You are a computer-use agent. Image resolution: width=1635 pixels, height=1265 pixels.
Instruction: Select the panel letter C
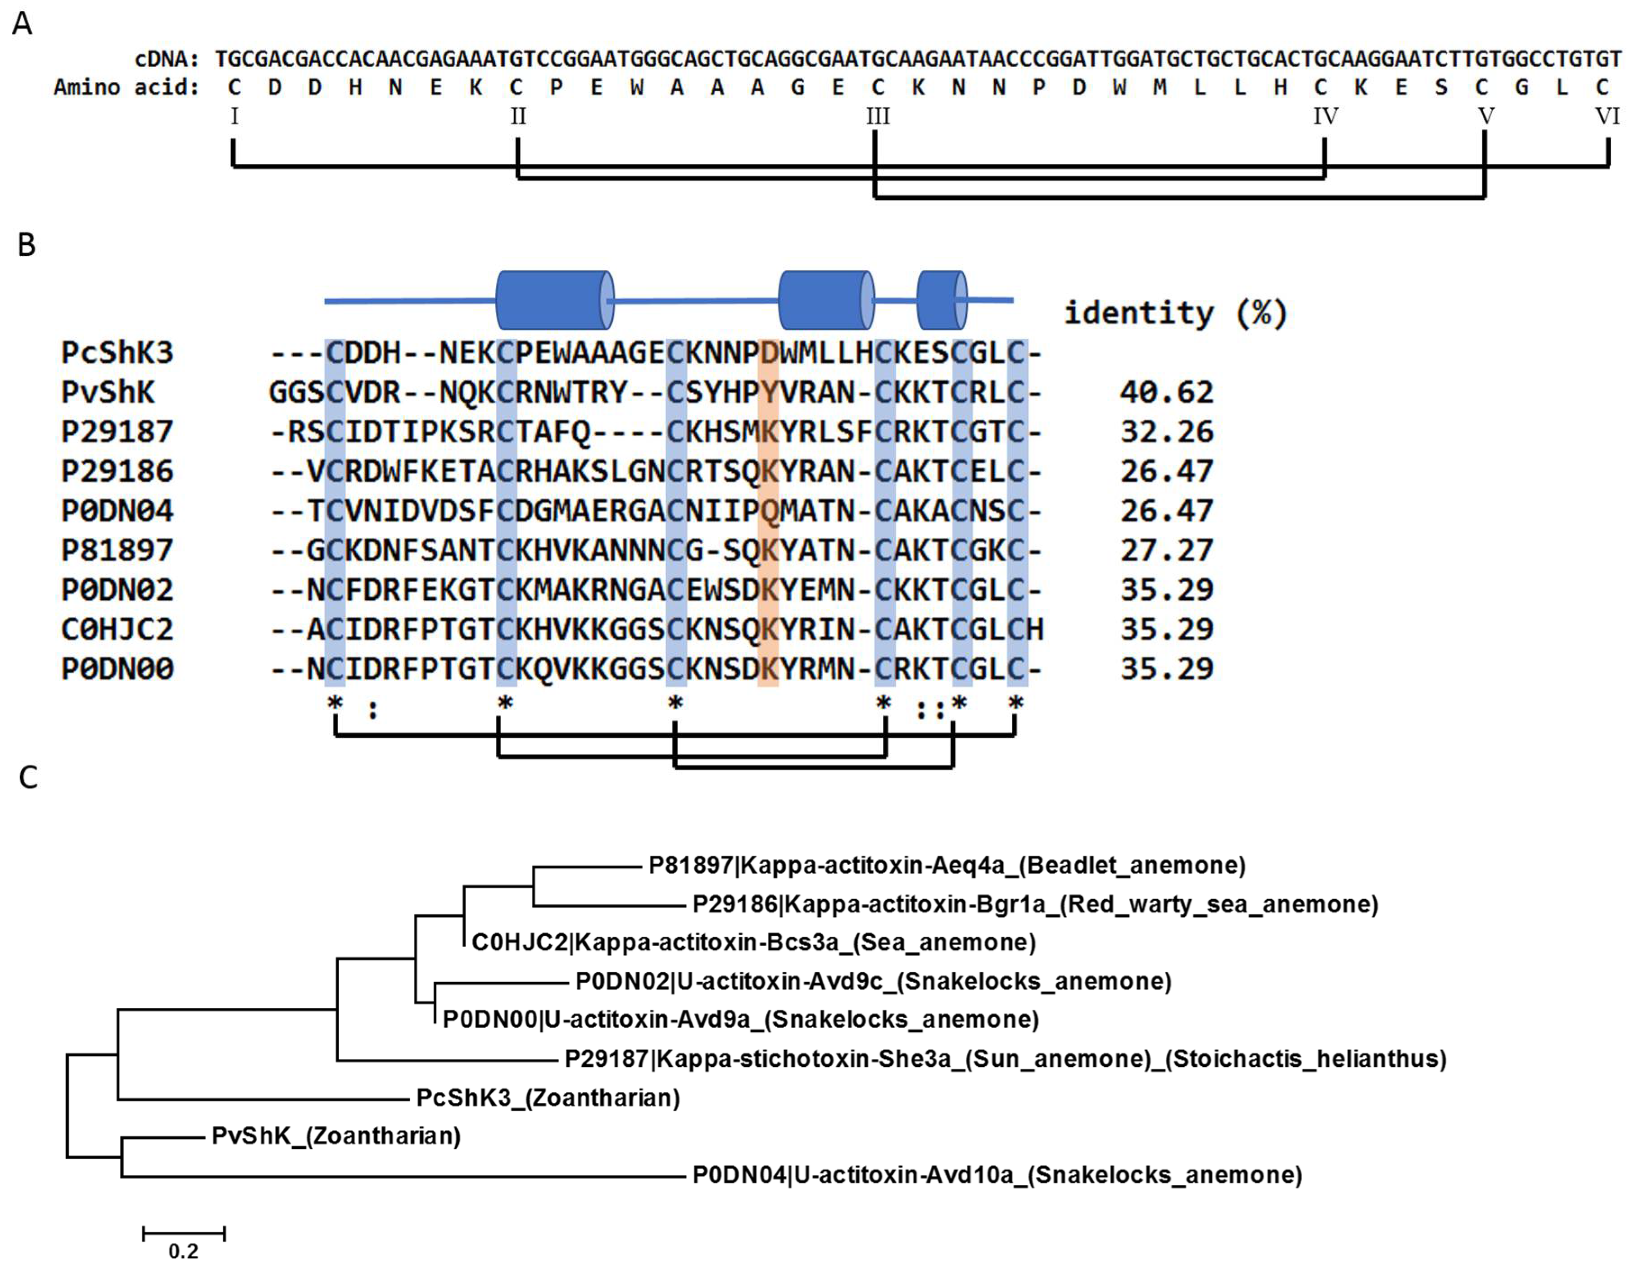point(28,778)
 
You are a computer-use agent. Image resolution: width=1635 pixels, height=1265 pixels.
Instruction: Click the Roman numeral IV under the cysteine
point(1326,117)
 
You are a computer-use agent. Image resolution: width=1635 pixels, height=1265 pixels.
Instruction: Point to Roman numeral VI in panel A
point(1607,117)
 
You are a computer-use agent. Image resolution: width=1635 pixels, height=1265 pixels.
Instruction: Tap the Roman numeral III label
point(878,117)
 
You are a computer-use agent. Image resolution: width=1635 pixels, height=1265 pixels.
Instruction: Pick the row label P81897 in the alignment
point(118,550)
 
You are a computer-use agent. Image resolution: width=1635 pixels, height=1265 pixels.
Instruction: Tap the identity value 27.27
point(1166,550)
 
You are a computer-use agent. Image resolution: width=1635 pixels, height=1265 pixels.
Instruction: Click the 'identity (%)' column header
point(1175,312)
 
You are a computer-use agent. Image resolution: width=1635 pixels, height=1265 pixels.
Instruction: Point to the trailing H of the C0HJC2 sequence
point(1035,629)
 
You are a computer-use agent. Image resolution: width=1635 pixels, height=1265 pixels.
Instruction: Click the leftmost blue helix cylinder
point(554,300)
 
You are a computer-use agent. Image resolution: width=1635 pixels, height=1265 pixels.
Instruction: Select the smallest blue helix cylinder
point(942,300)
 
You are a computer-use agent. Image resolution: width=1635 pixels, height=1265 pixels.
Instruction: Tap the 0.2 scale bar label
point(183,1251)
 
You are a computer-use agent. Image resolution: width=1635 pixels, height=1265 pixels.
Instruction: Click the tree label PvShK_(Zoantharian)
point(336,1136)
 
